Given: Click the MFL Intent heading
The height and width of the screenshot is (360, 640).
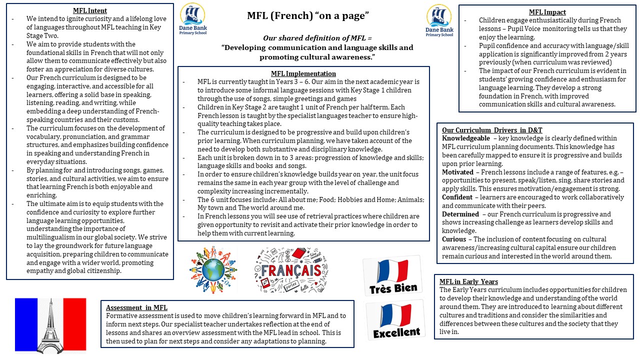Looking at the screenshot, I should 90,10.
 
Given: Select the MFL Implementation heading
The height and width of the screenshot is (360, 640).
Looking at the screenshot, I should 303,73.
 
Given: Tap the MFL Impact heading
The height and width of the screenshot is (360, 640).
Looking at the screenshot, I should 547,12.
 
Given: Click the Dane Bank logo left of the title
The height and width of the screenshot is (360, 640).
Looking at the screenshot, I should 193,19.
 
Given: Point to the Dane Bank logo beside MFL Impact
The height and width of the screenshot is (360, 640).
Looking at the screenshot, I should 439,20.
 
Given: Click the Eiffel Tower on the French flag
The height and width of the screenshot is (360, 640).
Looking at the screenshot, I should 50,325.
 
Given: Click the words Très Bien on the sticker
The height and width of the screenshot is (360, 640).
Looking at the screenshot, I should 393,288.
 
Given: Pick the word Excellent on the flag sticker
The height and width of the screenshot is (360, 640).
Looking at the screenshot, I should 396,332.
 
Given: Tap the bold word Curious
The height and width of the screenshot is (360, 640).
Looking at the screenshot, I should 454,239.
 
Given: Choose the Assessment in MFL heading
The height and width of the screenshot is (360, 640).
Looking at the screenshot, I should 136,307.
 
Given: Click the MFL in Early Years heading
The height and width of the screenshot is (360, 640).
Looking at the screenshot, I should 468,281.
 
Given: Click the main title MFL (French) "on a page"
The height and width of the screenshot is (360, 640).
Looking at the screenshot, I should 308,16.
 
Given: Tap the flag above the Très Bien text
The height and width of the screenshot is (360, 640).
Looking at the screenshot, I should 392,270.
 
